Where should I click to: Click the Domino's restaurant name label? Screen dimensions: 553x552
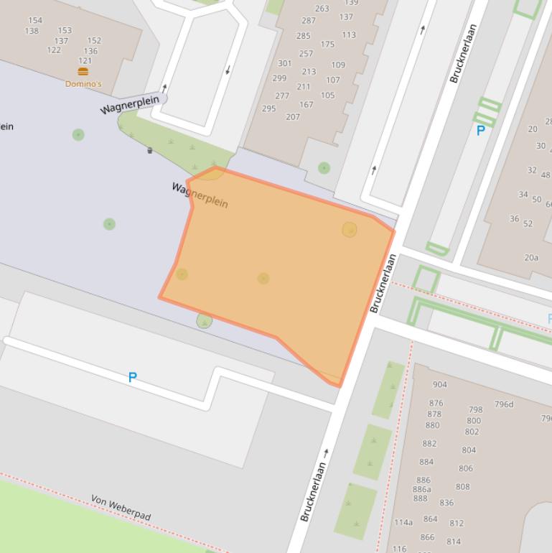coord(83,84)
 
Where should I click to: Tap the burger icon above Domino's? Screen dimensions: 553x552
coord(83,72)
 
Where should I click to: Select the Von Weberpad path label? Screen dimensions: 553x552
coord(120,508)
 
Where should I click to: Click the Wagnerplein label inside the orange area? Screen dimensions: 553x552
coord(200,195)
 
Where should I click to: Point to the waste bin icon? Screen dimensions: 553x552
coord(149,150)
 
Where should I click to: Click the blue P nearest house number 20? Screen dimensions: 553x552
coord(481,131)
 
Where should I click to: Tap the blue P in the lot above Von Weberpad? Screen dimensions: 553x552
coord(132,377)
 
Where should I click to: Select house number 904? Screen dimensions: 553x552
coord(439,385)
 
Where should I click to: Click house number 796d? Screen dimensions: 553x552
coord(504,404)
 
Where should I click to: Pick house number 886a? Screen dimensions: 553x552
coord(422,490)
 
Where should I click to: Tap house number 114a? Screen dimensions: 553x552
coord(403,522)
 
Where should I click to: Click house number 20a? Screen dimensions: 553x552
coord(531,258)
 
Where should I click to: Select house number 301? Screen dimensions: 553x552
coord(284,63)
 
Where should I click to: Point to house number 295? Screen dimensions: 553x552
coord(268,108)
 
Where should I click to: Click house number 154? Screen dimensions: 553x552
coord(34,20)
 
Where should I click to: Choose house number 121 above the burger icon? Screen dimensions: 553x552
coord(85,61)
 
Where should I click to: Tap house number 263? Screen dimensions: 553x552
coord(322,9)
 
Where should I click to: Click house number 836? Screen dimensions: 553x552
coord(446,503)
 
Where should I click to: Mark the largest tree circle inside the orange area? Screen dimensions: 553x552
coord(350,230)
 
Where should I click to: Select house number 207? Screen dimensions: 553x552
coord(292,116)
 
